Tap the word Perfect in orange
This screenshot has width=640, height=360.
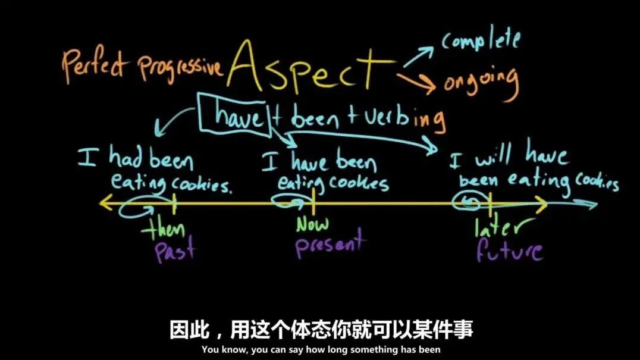(95, 67)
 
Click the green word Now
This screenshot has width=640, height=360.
(313, 225)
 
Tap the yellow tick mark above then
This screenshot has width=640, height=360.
(174, 204)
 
